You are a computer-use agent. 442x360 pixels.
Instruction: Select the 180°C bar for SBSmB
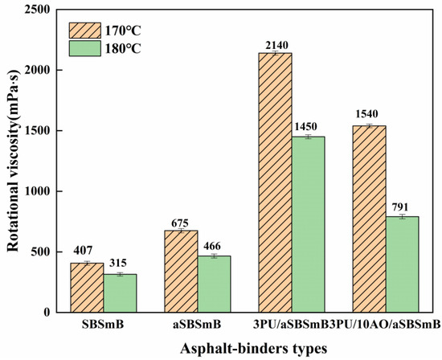(121, 293)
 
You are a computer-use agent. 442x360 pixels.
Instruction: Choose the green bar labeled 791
(403, 264)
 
